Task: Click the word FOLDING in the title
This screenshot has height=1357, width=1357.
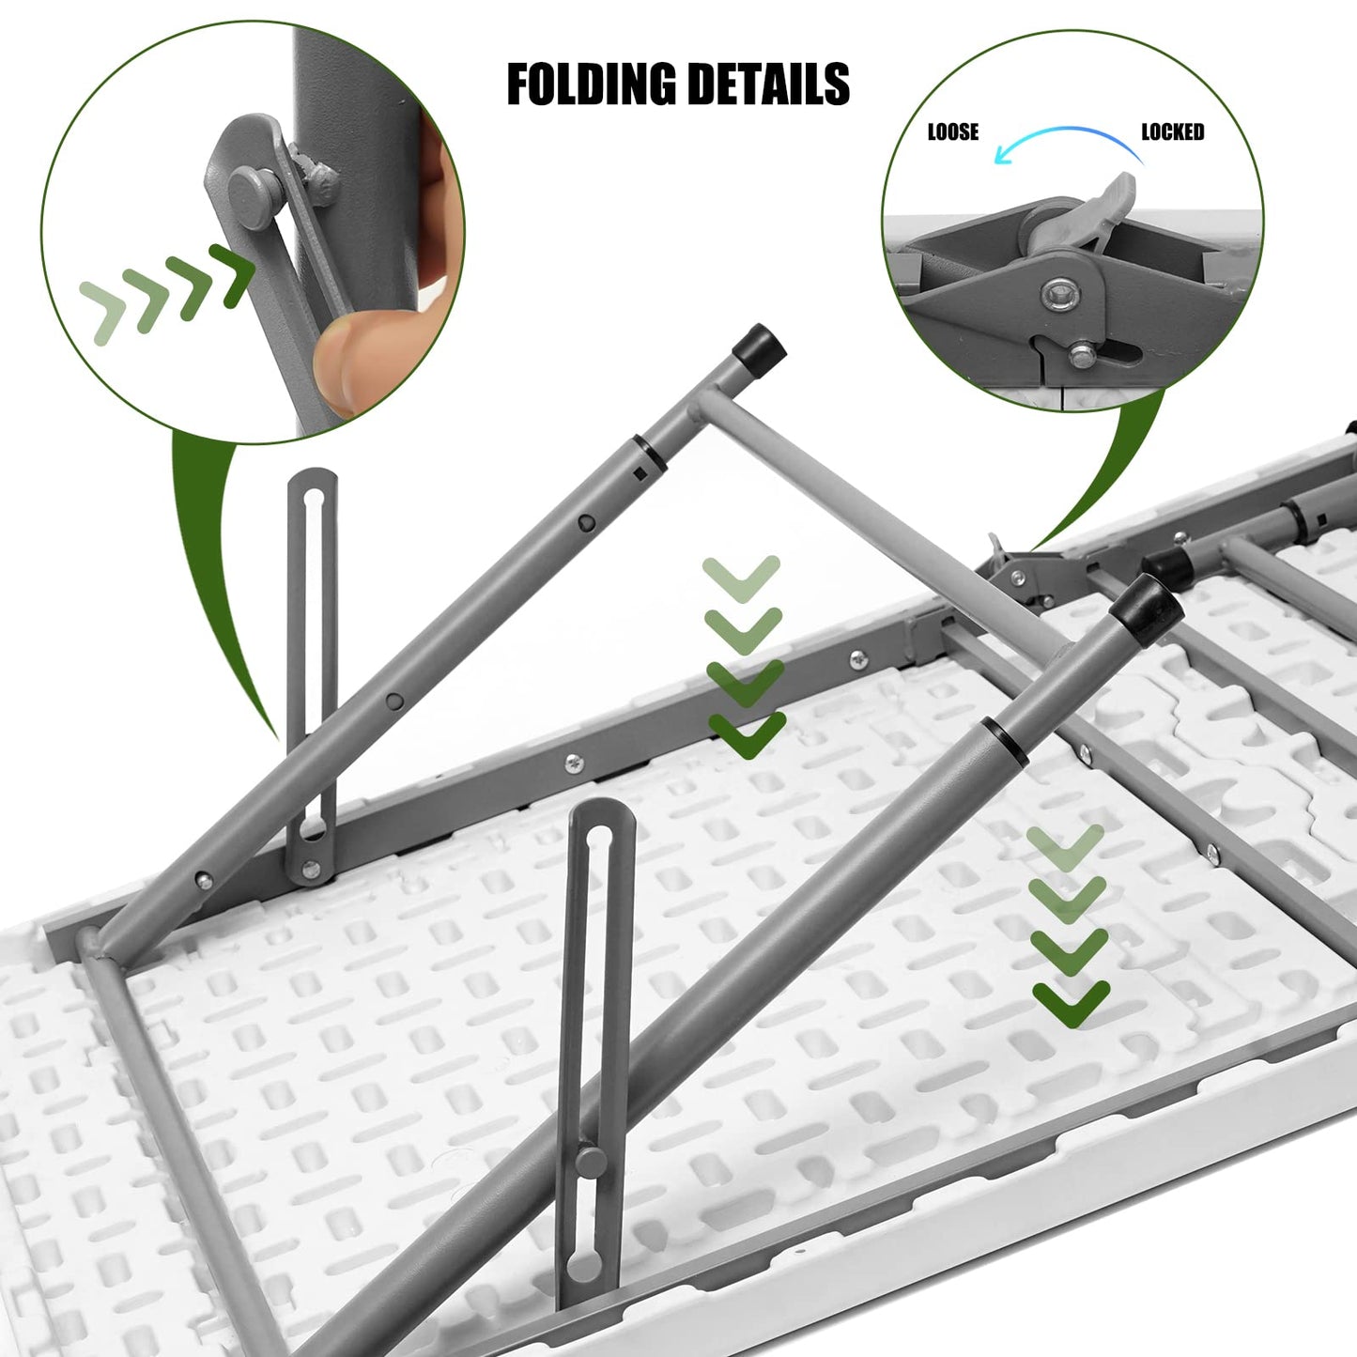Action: (590, 85)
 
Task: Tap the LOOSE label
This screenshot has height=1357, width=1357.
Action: (952, 132)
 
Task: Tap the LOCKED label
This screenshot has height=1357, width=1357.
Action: (1172, 132)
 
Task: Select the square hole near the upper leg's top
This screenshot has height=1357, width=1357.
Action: (639, 474)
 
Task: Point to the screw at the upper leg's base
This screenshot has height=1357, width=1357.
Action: (202, 880)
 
